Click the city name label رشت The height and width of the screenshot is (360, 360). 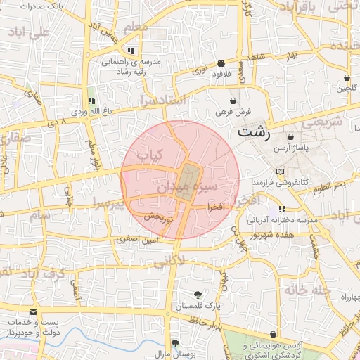253,131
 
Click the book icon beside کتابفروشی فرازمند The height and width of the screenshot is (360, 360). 281,172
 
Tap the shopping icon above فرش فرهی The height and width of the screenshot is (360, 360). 233,101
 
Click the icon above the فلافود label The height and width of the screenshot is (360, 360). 221,62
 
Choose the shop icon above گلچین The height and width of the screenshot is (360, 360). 347,77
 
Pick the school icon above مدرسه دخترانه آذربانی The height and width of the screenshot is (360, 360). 282,209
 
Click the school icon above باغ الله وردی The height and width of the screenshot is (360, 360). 90,101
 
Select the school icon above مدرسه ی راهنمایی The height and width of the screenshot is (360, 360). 131,51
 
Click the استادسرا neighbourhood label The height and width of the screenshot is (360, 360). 163,99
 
